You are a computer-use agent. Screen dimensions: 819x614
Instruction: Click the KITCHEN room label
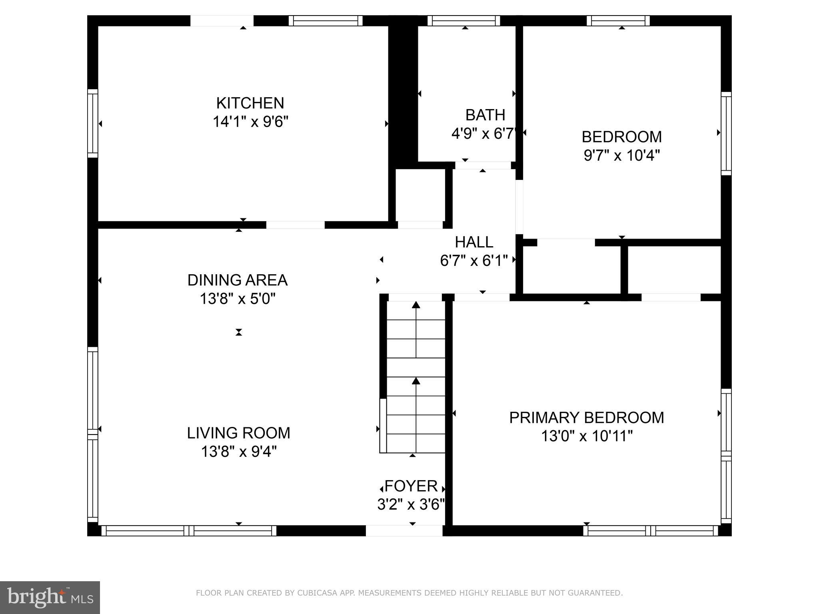point(250,103)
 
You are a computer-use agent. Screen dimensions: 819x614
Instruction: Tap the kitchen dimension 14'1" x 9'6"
point(250,122)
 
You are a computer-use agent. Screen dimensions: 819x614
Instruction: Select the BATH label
point(485,115)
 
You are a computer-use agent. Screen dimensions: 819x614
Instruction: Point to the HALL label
point(474,242)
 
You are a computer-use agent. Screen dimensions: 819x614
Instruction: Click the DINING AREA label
point(238,280)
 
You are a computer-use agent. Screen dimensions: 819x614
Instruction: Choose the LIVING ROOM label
point(239,433)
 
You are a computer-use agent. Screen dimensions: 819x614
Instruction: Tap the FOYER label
point(411,486)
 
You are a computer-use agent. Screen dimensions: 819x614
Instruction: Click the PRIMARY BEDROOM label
point(587,418)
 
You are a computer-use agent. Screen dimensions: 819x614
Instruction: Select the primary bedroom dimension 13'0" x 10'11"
point(587,436)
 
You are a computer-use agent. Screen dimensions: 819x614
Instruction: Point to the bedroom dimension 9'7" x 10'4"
point(622,155)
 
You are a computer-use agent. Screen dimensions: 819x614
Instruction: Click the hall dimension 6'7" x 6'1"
point(474,261)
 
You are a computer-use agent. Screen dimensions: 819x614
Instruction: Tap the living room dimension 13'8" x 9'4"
point(239,452)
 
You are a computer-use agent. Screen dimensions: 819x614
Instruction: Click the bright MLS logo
point(50,598)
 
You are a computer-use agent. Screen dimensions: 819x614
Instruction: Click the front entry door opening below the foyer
point(404,531)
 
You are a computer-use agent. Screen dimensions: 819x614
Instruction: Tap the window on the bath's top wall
point(464,21)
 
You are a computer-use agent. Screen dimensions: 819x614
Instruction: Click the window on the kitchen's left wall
point(93,124)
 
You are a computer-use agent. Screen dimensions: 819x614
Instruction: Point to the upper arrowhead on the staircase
point(416,305)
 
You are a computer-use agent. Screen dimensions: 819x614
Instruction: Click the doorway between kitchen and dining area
point(296,225)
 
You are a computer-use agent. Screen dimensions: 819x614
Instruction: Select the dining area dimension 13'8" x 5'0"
point(238,299)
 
